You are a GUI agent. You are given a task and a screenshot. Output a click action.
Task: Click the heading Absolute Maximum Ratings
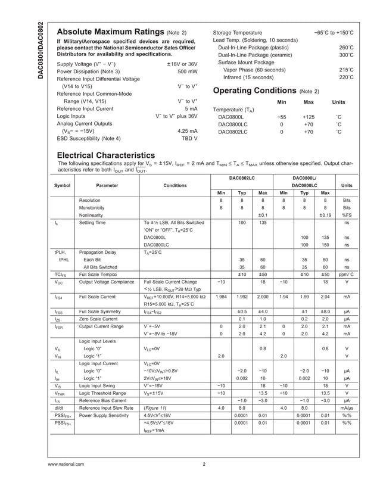pos(110,32)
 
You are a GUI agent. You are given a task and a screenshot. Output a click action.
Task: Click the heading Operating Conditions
pos(254,91)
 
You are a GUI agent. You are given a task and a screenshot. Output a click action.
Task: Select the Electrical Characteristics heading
pos(105,154)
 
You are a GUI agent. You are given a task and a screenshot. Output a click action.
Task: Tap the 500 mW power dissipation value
pos(188,71)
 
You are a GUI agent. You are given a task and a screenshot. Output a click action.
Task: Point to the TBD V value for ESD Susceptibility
pos(189,138)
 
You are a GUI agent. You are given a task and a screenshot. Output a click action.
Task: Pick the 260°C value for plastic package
pos(347,47)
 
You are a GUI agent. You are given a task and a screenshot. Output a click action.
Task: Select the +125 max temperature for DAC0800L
pos(309,117)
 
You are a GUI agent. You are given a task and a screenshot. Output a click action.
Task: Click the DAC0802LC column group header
pos(242,178)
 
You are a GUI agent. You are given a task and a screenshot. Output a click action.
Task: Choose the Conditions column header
pos(175,185)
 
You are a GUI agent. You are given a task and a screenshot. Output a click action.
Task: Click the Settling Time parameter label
pos(92,223)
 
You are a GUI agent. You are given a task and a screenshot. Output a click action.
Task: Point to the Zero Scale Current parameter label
pos(99,319)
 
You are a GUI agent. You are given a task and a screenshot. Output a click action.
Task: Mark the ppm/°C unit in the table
pos(345,275)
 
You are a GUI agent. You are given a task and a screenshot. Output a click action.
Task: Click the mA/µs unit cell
pos(345,407)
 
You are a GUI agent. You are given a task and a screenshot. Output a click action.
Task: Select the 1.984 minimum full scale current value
pos(221,296)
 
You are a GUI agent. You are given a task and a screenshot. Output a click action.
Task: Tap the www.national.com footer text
pos(66,464)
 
